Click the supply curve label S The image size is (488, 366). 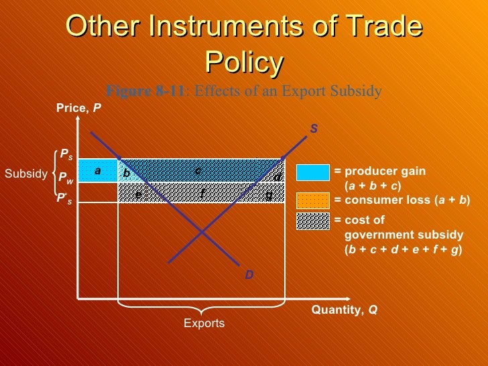click(x=313, y=128)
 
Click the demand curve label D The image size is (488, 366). click(x=249, y=274)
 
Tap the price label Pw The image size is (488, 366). click(x=66, y=178)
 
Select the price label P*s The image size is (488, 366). click(x=64, y=199)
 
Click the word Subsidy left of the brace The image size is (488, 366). click(x=24, y=174)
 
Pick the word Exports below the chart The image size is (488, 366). click(x=204, y=324)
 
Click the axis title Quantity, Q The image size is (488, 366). click(x=344, y=310)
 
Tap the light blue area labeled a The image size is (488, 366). click(x=97, y=171)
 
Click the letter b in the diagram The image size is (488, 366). click(x=126, y=173)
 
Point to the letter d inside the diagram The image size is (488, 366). click(x=277, y=177)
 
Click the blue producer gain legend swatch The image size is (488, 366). click(x=313, y=172)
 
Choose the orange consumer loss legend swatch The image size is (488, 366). click(x=313, y=200)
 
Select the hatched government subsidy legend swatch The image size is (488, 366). click(x=313, y=221)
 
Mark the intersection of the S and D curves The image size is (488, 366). click(x=202, y=231)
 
